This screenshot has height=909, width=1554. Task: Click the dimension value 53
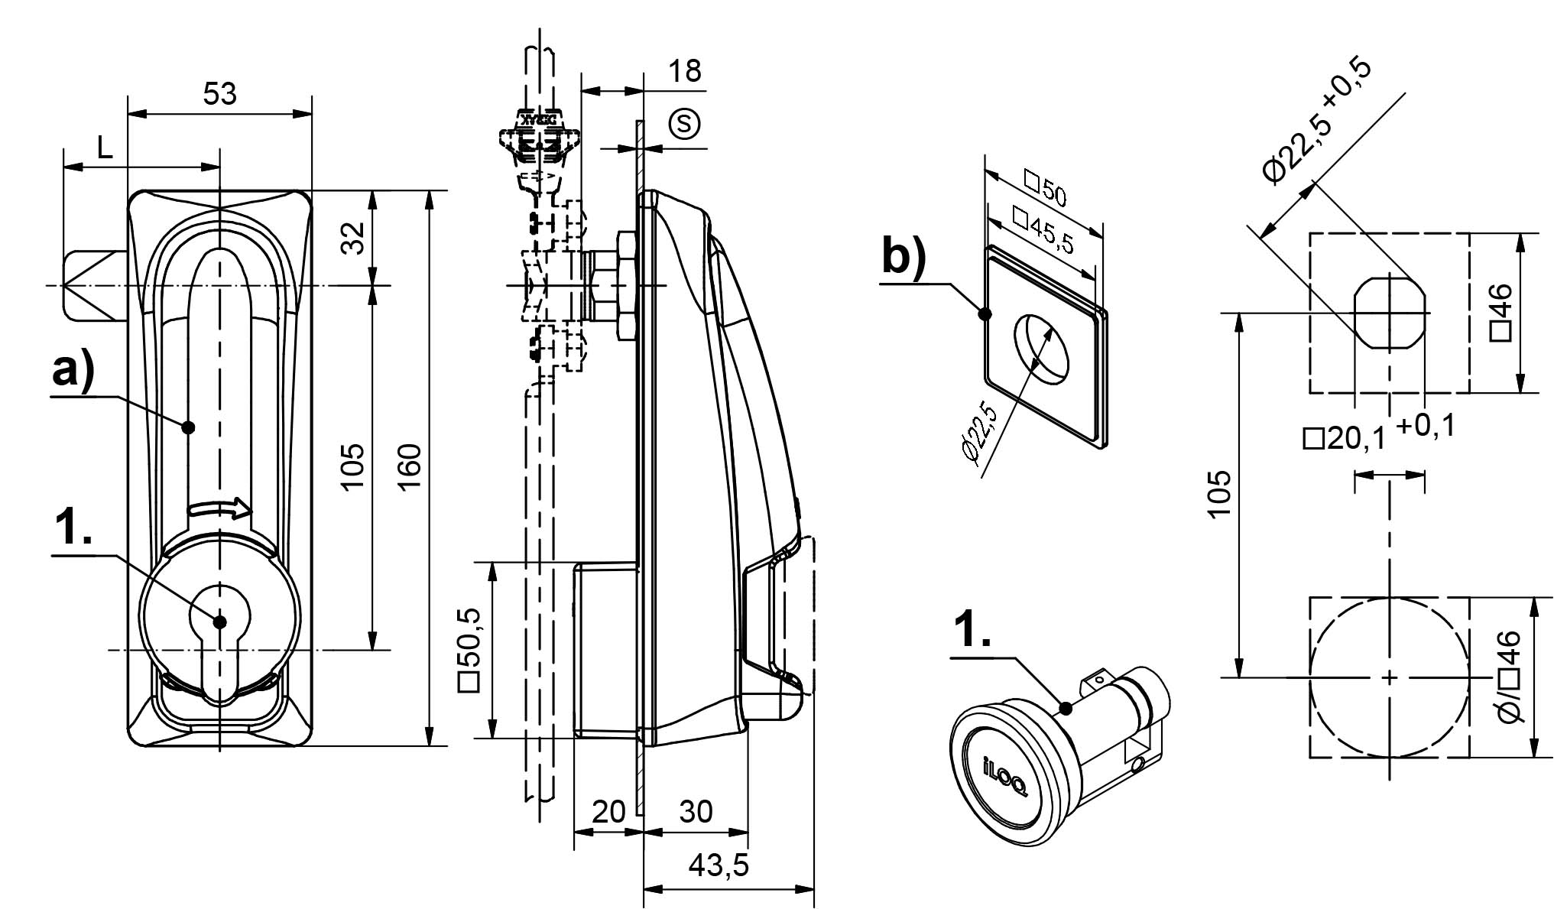coord(220,94)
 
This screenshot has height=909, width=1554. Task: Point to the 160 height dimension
coord(410,467)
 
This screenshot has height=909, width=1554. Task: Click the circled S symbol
coord(685,124)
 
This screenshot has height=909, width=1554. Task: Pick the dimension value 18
coord(685,71)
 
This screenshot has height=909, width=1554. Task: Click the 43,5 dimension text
coord(719,865)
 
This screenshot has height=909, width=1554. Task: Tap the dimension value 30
coord(696,812)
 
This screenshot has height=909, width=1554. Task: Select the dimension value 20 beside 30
coord(608,812)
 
